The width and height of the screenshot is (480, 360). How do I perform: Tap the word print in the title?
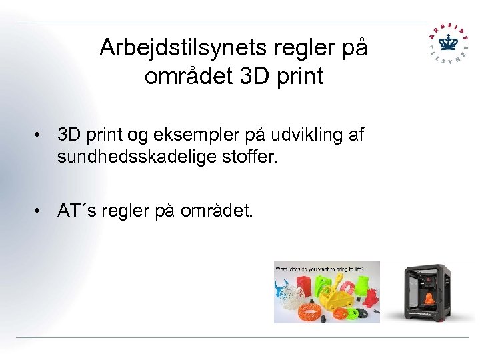(298, 77)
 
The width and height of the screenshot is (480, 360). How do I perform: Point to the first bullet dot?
(41, 136)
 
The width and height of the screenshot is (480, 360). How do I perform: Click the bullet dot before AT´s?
(41, 211)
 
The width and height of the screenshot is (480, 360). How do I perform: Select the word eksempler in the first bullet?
(207, 135)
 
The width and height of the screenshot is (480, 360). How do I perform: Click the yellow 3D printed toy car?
(339, 303)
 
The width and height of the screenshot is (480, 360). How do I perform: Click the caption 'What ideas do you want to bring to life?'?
(319, 268)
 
